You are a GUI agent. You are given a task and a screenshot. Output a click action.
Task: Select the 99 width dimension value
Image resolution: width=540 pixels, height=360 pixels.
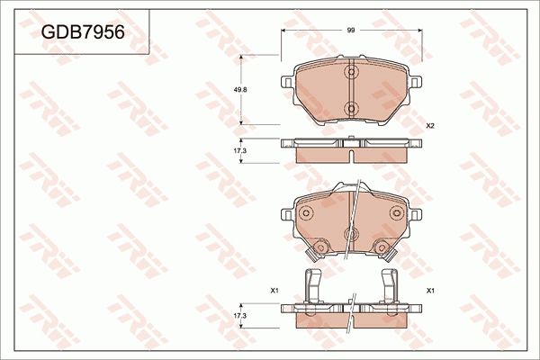tap(352, 30)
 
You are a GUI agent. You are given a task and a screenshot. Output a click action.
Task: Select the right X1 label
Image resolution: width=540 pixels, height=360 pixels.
tap(430, 290)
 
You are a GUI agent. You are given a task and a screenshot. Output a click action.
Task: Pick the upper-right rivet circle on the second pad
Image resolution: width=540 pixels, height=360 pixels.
tap(397, 213)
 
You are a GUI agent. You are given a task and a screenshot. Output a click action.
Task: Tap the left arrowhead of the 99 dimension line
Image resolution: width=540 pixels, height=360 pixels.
tap(284, 30)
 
